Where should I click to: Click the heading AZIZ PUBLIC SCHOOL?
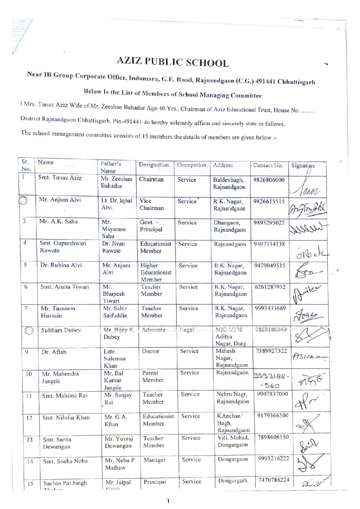point(173,63)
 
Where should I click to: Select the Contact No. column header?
point(268,166)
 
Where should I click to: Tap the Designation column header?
point(154,165)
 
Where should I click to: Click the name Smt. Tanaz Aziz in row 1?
point(60,178)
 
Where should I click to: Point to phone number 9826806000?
point(269,180)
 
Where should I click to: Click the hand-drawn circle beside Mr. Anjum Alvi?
point(23,201)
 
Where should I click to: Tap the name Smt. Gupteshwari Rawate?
point(58,247)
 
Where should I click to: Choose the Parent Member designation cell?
point(153,376)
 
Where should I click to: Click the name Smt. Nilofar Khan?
point(66,418)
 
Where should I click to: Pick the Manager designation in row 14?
point(154,460)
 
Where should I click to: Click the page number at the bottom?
point(168,501)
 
